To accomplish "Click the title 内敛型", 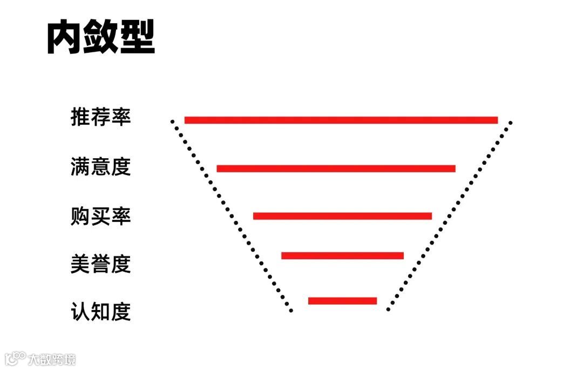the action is [101, 37].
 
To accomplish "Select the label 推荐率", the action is [101, 117].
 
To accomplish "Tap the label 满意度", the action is [101, 166].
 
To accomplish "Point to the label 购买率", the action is [101, 216].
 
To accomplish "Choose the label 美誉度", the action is [101, 264].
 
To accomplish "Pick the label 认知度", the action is [101, 312].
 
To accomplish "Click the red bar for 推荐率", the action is [341, 120].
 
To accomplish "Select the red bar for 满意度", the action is [336, 169].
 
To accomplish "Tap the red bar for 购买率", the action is [342, 216].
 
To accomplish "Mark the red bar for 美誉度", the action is [342, 255].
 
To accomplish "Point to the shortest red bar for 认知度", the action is [342, 301].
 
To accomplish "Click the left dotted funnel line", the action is [231, 216].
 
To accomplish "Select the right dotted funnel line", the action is [449, 216].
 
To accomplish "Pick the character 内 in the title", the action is [65, 37].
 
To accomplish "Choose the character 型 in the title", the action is [137, 37].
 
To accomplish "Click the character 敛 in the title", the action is [101, 37].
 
